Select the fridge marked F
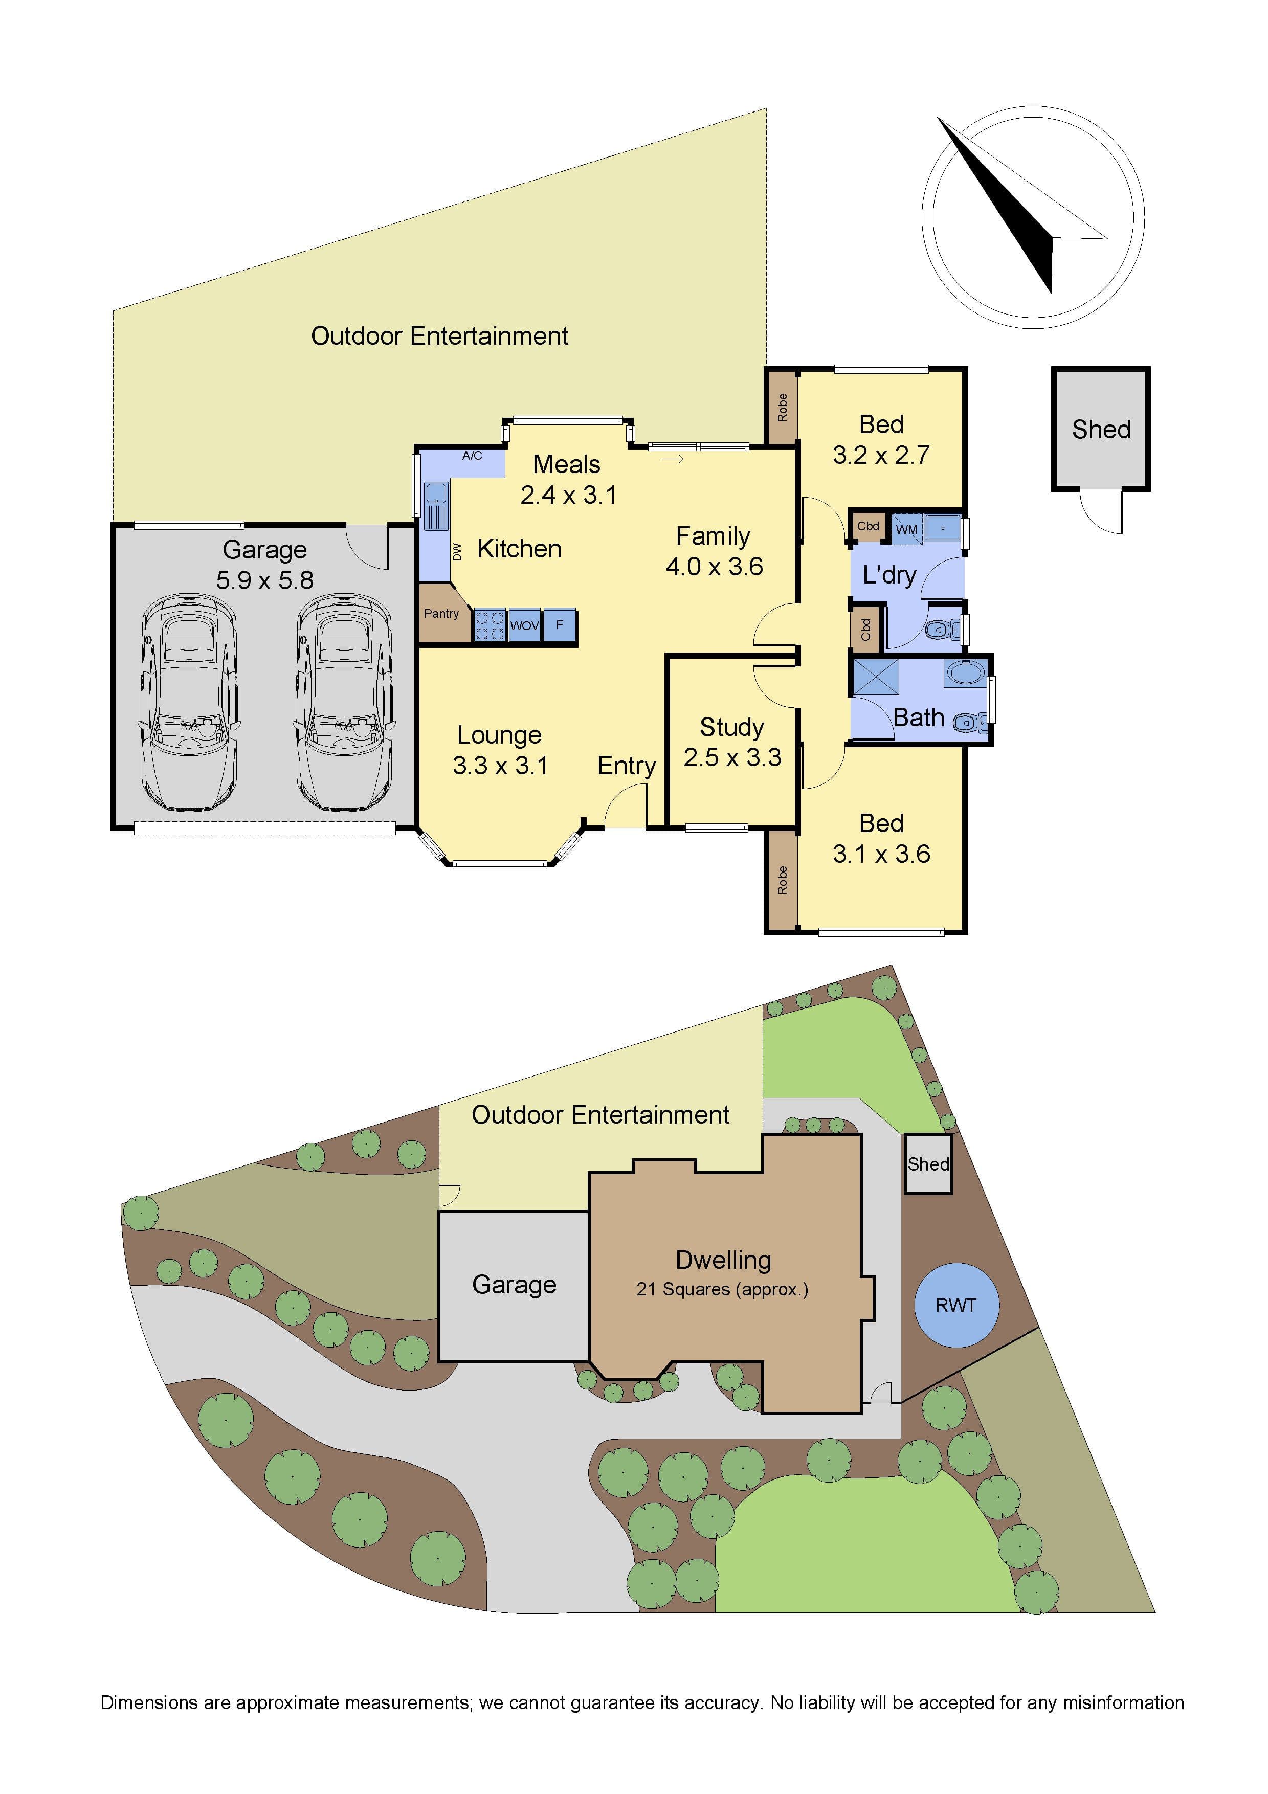560,625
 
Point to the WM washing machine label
906,529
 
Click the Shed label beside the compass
1101,429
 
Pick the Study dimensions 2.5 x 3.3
732,757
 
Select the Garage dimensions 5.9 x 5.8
265,580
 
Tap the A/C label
472,456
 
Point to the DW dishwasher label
458,552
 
